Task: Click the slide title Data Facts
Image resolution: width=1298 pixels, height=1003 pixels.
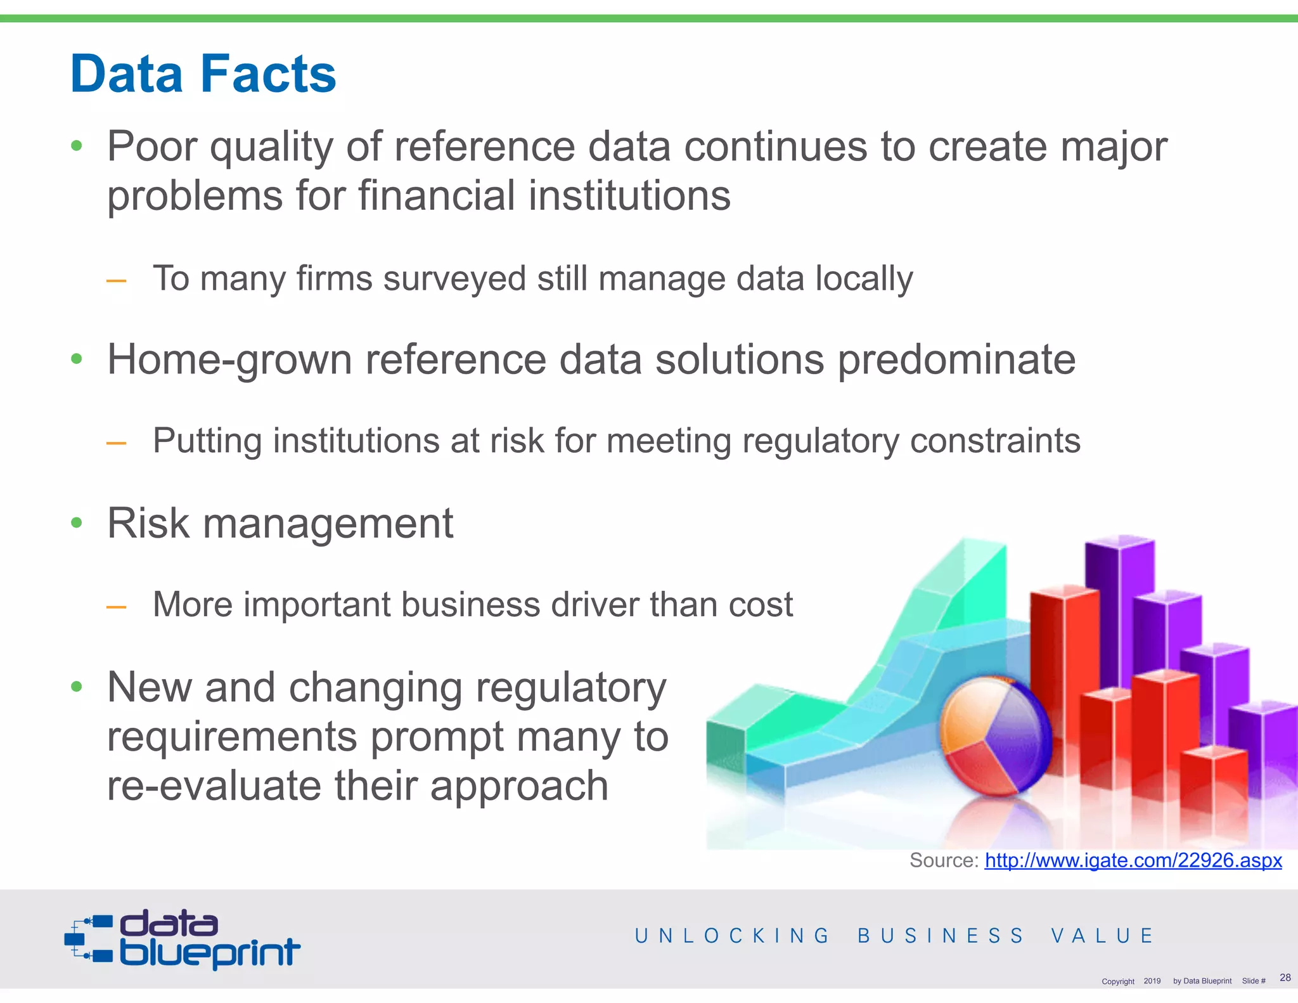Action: pyautogui.click(x=203, y=74)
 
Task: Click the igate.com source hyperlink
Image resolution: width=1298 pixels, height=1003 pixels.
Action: pyautogui.click(x=1133, y=860)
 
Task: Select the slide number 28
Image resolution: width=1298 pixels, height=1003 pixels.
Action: pyautogui.click(x=1285, y=977)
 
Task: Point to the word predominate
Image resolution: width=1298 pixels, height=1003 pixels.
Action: pyautogui.click(x=956, y=359)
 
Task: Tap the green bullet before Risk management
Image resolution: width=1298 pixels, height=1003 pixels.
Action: pyautogui.click(x=77, y=523)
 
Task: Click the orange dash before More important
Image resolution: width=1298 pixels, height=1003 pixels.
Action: pyautogui.click(x=116, y=607)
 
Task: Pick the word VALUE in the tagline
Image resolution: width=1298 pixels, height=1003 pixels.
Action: pyautogui.click(x=1102, y=936)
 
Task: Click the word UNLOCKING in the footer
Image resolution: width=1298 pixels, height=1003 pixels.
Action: pyautogui.click(x=732, y=936)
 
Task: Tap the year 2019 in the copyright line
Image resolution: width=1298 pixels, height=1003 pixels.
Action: pyautogui.click(x=1152, y=981)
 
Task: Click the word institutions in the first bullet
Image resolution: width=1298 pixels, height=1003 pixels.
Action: pyautogui.click(x=629, y=195)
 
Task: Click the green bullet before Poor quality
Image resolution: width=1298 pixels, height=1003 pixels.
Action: pyautogui.click(x=77, y=146)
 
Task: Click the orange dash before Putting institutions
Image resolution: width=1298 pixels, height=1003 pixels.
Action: pyautogui.click(x=116, y=443)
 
